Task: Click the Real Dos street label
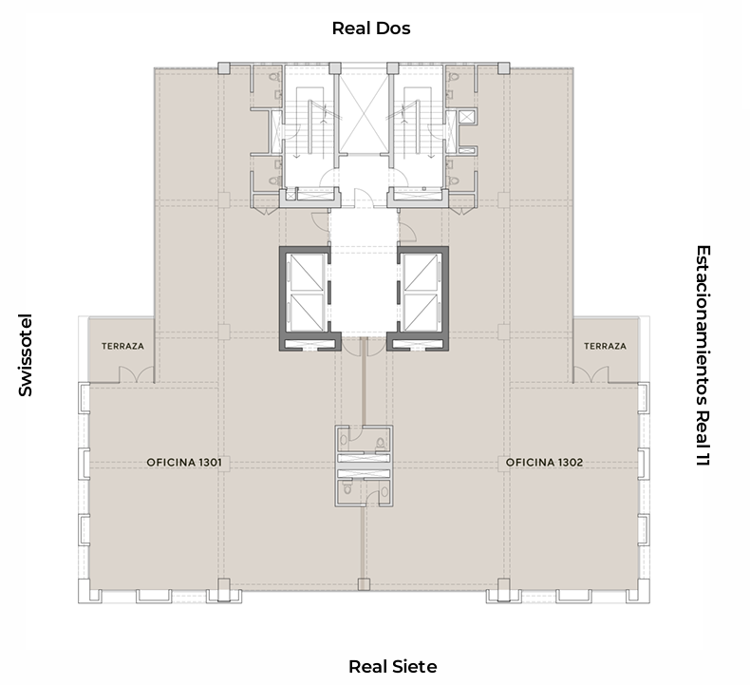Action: click(371, 29)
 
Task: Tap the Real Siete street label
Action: click(392, 666)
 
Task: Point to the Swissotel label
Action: click(26, 355)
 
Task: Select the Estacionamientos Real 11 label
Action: click(703, 355)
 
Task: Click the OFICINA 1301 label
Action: click(184, 463)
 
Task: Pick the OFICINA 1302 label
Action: click(544, 463)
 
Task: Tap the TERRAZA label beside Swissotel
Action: click(122, 346)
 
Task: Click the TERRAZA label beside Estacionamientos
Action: click(605, 346)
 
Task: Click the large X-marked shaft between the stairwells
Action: click(364, 111)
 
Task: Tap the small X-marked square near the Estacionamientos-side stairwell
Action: click(467, 116)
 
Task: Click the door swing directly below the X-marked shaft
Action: click(361, 198)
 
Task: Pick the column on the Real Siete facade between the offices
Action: click(364, 584)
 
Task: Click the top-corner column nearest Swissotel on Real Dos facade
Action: click(224, 68)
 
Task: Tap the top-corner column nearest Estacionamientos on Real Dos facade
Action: click(504, 68)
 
